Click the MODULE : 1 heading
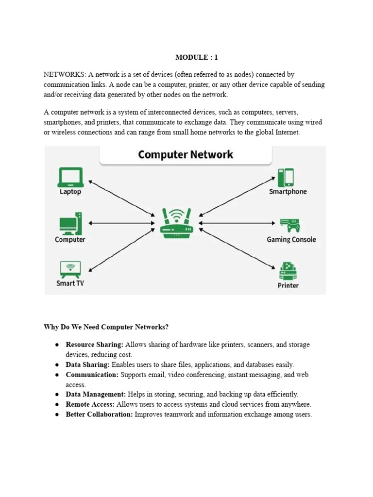[x=197, y=57]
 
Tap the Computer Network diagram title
[x=186, y=154]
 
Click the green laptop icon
[x=70, y=177]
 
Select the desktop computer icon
[x=70, y=223]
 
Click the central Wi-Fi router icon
[x=177, y=223]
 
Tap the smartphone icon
[x=286, y=178]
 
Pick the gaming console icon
[x=290, y=225]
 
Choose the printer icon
[x=288, y=271]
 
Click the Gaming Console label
[x=291, y=240]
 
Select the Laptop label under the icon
[x=70, y=192]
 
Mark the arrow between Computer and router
[x=122, y=223]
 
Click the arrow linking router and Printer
[x=237, y=248]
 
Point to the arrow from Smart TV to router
[x=122, y=250]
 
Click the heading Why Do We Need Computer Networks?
[x=106, y=327]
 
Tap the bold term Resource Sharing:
[x=95, y=345]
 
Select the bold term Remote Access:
[x=90, y=404]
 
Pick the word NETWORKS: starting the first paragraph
[x=65, y=74]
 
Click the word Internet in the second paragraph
[x=288, y=132]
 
